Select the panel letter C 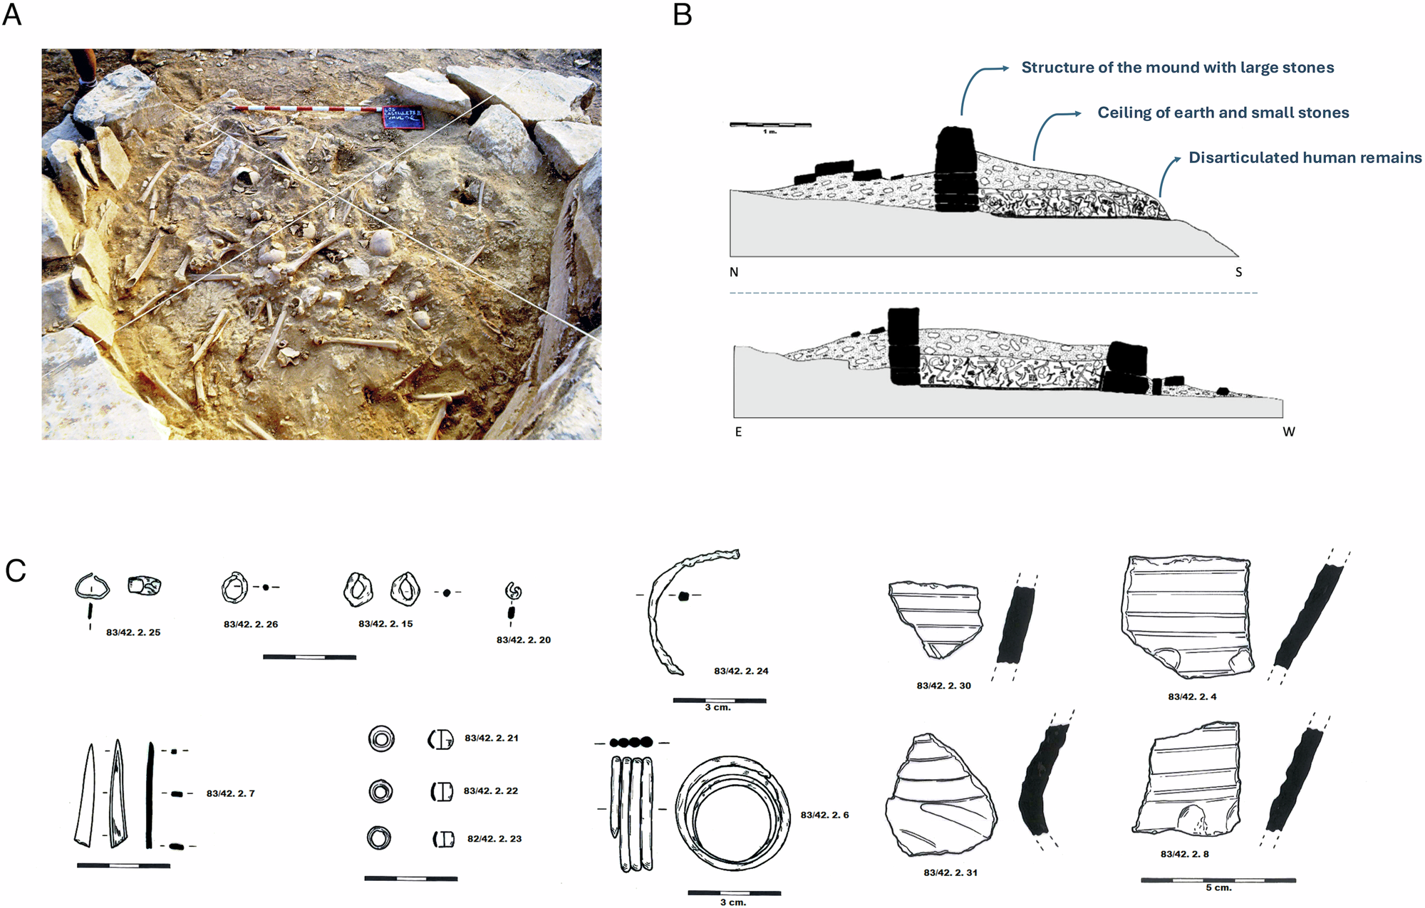(x=15, y=570)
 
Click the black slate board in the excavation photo (x=403, y=117)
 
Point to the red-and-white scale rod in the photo (x=306, y=109)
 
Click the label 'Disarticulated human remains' (x=1305, y=157)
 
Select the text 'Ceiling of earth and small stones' (x=1223, y=113)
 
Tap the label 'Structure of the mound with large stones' (x=1177, y=68)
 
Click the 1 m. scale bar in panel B (x=770, y=125)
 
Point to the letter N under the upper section (x=734, y=272)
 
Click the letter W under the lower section (x=1288, y=432)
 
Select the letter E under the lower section (x=738, y=432)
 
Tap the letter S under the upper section (x=1238, y=272)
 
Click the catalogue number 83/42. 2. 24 (x=741, y=671)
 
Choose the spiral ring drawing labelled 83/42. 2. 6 (x=732, y=814)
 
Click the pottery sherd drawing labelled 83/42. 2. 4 (x=1188, y=617)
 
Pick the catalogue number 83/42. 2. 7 (x=230, y=793)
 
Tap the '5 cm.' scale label (x=1218, y=888)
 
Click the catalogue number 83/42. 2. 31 (x=950, y=872)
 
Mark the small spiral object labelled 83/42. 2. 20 (x=513, y=591)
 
